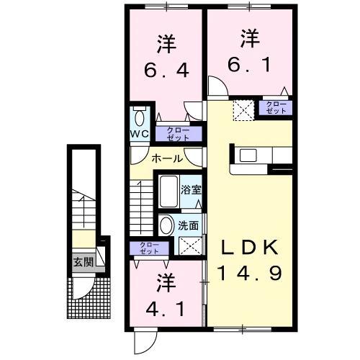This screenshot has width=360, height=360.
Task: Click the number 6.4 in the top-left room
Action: [166, 71]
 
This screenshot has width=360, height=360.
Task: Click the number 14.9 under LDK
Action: [251, 274]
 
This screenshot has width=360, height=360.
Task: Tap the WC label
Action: [140, 135]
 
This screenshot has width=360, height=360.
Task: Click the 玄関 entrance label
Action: [82, 261]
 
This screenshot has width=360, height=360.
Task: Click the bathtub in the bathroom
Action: [168, 192]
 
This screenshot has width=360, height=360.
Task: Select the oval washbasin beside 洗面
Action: [166, 225]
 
